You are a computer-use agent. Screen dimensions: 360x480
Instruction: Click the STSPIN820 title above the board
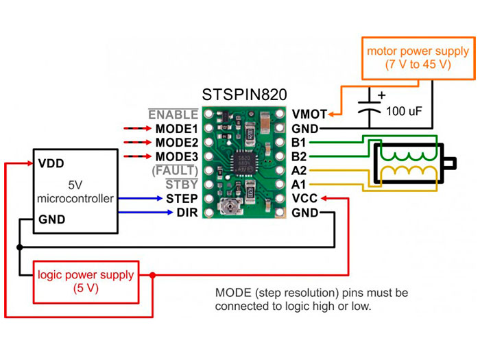point(244,94)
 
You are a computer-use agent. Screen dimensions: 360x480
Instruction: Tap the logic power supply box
point(86,281)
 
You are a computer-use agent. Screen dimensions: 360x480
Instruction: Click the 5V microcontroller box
point(76,193)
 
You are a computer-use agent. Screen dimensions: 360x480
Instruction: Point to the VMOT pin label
point(309,115)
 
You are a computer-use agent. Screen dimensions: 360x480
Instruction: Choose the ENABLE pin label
point(173,115)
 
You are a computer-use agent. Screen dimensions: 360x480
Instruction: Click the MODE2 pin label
point(176,143)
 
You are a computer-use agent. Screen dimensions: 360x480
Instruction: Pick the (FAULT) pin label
point(176,170)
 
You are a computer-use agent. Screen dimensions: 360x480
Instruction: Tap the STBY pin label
point(182,184)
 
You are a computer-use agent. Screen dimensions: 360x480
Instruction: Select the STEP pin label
point(182,199)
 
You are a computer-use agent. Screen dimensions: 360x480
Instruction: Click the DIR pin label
point(187,213)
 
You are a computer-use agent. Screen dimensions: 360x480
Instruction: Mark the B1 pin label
point(300,143)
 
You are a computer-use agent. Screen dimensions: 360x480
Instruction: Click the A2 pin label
point(300,170)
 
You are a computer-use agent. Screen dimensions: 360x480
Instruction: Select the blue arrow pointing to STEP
point(141,199)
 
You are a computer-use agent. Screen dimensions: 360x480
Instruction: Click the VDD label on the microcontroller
point(52,165)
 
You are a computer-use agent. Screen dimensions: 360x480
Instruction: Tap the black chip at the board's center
point(243,163)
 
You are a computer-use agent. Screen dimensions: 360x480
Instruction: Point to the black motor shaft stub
point(451,163)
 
